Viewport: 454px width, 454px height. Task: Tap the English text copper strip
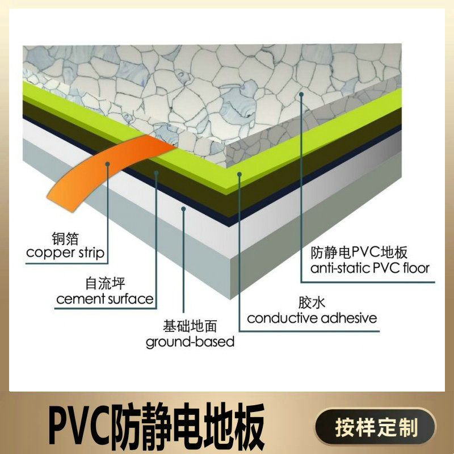pyautogui.click(x=66, y=253)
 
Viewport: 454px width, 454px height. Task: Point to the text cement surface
pyautogui.click(x=105, y=298)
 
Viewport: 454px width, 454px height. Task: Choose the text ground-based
pyautogui.click(x=190, y=342)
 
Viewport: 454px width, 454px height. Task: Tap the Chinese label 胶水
pyautogui.click(x=306, y=303)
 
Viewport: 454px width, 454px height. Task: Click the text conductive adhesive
pyautogui.click(x=312, y=318)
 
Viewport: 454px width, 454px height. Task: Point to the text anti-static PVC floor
pyautogui.click(x=370, y=267)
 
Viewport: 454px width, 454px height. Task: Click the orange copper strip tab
pyautogui.click(x=102, y=170)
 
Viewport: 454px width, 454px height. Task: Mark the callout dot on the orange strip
pyautogui.click(x=108, y=163)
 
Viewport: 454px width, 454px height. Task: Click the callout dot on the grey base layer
pyautogui.click(x=183, y=209)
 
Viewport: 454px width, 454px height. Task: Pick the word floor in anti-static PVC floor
pyautogui.click(x=417, y=267)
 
